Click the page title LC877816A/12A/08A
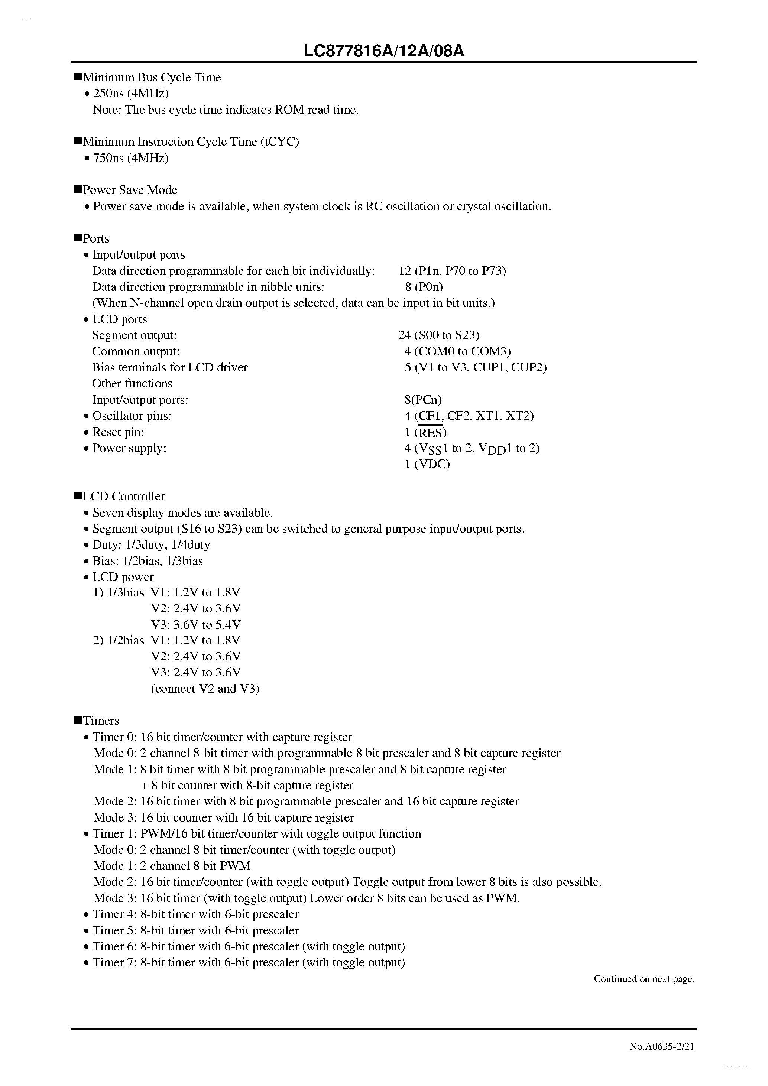point(384,51)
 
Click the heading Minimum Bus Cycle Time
point(152,77)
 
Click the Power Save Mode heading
point(130,190)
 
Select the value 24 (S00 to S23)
point(439,335)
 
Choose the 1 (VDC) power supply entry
point(427,464)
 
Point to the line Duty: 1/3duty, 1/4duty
point(151,544)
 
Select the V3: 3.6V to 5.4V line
point(195,624)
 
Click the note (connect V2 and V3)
point(205,688)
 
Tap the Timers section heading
point(101,721)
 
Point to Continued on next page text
point(644,979)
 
